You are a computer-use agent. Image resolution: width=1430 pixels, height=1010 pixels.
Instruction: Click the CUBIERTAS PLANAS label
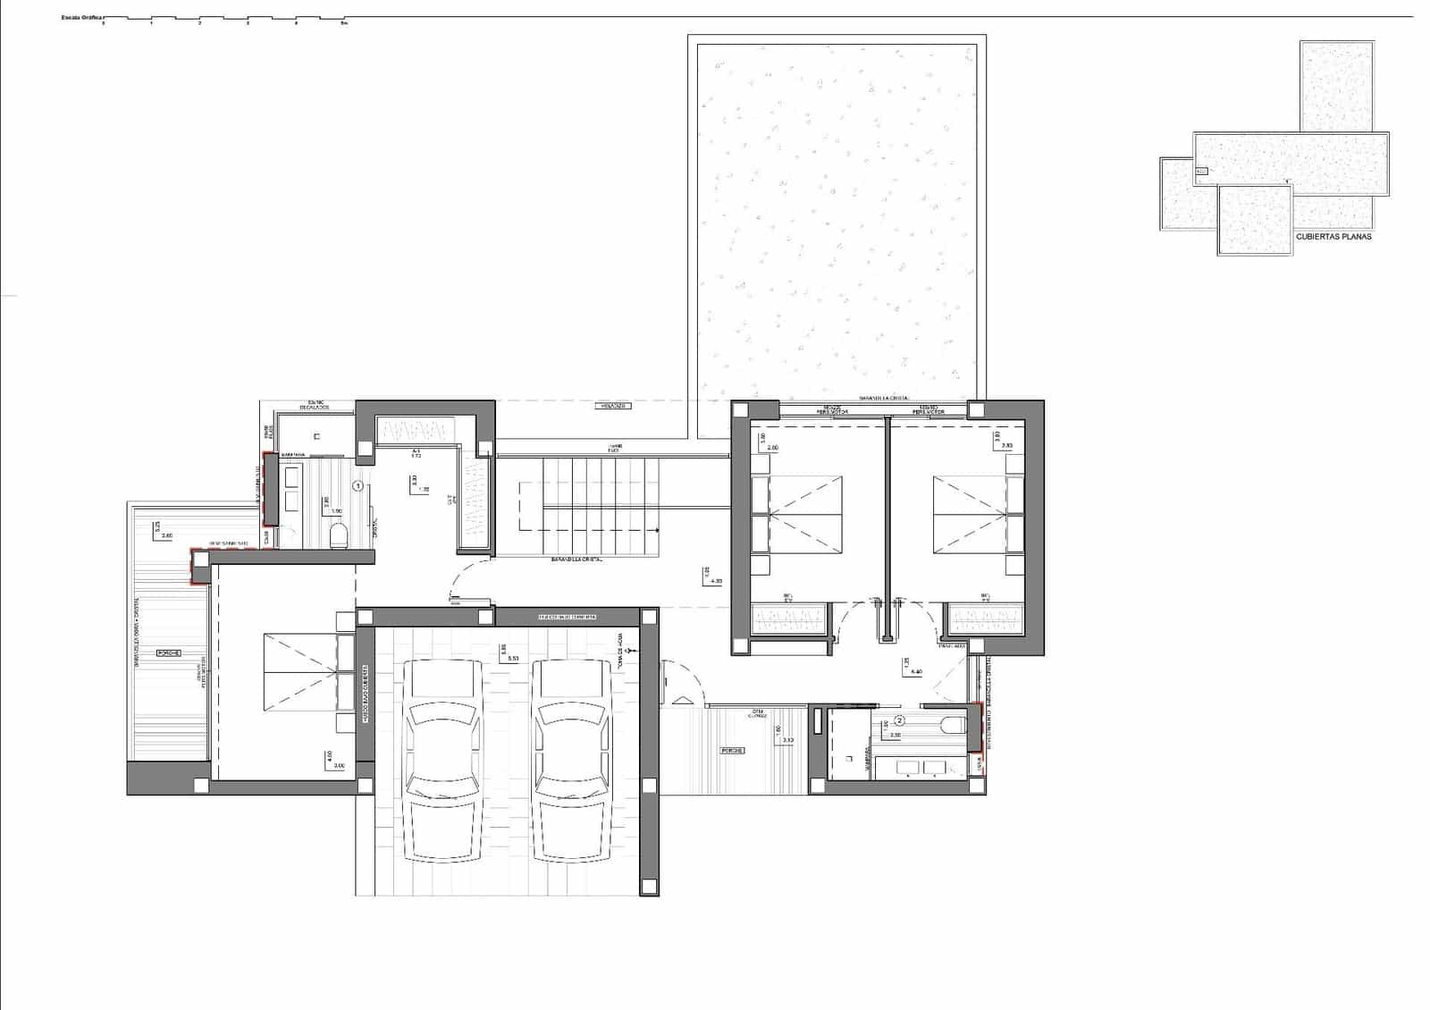tap(1333, 237)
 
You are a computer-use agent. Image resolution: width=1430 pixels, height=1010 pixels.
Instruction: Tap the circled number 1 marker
tap(358, 486)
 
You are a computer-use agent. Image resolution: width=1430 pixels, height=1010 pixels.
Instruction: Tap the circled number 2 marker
tap(900, 720)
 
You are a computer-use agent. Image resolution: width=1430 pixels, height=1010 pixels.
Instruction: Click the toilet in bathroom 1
tap(338, 536)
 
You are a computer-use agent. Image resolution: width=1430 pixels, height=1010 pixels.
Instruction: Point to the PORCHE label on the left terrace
tap(169, 652)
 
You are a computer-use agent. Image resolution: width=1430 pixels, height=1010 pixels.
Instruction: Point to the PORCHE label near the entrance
tap(733, 750)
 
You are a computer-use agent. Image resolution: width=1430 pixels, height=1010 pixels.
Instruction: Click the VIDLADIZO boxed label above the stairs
tap(613, 406)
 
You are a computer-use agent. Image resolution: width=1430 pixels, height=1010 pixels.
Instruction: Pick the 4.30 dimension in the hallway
tap(715, 581)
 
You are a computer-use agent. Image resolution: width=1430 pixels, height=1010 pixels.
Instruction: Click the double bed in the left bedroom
tap(299, 672)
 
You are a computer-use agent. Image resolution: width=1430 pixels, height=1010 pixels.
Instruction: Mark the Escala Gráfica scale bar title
tap(80, 17)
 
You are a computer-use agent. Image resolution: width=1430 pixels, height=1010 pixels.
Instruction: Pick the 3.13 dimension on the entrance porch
tap(787, 740)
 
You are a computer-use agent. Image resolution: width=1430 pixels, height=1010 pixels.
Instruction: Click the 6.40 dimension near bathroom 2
tap(915, 671)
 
